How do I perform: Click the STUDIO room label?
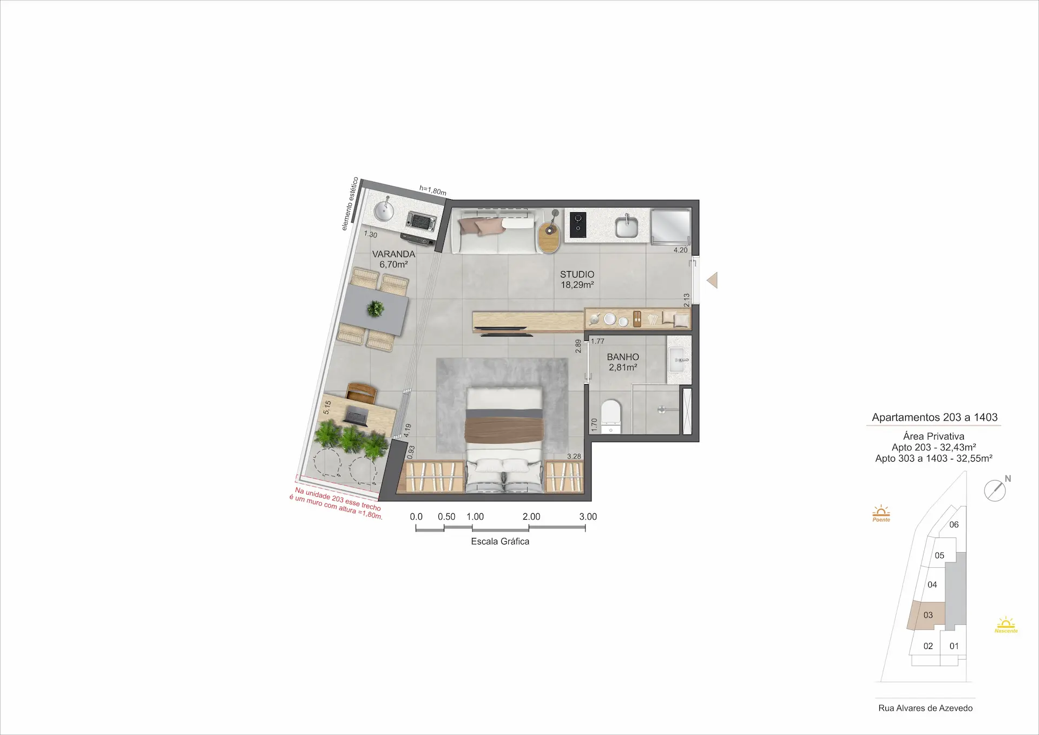pos(577,274)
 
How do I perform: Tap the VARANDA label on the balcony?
pos(393,254)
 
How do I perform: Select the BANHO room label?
pos(623,357)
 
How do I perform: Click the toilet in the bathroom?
pos(610,417)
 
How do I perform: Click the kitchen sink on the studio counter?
pos(627,226)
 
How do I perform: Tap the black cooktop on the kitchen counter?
pos(577,225)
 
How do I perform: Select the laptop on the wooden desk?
pos(357,416)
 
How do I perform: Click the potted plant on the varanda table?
pos(375,309)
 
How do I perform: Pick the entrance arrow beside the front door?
pos(712,280)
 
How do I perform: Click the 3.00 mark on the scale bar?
pos(588,517)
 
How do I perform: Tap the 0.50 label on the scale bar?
pos(446,517)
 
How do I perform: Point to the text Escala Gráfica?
pos(500,541)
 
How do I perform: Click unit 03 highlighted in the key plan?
pos(928,615)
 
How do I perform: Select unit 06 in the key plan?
pos(953,524)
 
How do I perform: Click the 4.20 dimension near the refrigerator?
pos(680,250)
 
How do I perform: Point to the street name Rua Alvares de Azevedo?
pos(925,708)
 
